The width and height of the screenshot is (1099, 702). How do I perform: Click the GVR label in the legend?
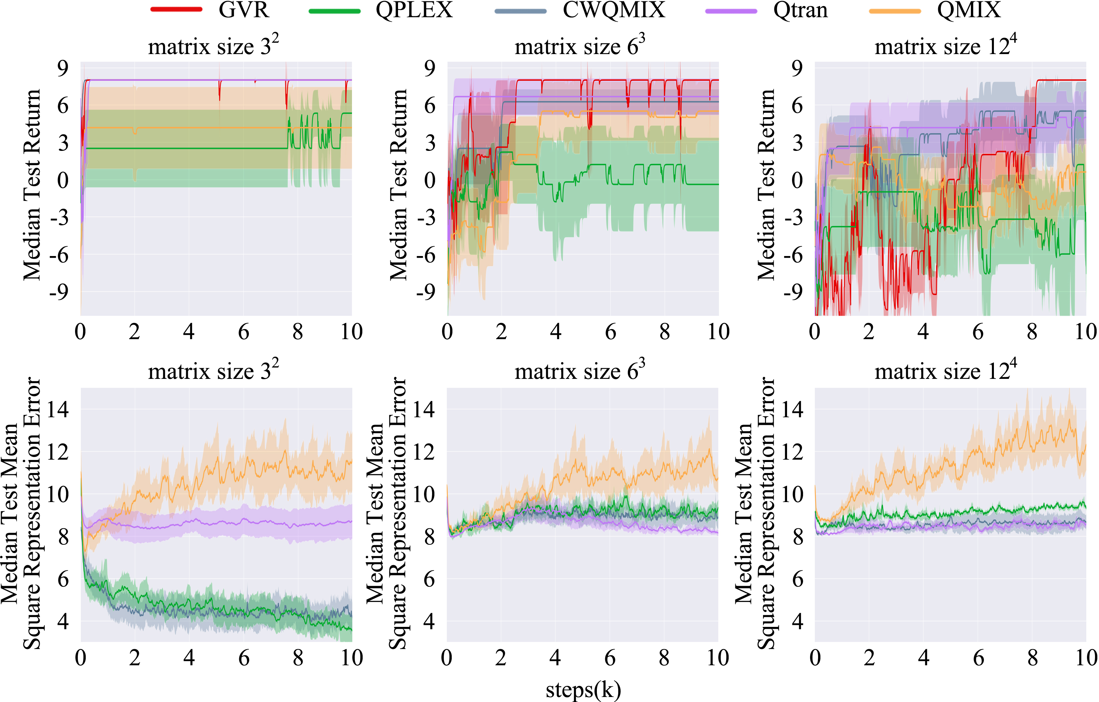pos(244,10)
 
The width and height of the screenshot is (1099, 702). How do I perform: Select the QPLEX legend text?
pos(414,10)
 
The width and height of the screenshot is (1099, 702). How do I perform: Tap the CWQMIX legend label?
pos(614,10)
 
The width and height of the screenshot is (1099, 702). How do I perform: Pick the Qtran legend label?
pos(800,10)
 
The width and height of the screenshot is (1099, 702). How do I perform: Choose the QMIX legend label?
pos(969,10)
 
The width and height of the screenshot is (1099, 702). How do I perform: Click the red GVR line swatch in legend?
pos(176,10)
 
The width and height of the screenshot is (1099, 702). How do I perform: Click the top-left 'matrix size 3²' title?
pos(213,46)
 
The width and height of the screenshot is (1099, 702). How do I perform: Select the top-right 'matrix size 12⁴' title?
pos(946,46)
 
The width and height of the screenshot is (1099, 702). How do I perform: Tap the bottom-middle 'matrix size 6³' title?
pos(580,371)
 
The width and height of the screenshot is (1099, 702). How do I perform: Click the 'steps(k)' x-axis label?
pos(583,690)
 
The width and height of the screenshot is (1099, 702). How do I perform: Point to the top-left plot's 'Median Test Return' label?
pos(32,185)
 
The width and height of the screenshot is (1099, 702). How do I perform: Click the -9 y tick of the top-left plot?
pos(59,292)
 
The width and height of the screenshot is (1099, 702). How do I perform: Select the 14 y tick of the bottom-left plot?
pos(58,409)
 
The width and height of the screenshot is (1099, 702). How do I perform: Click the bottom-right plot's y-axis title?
pos(755,514)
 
